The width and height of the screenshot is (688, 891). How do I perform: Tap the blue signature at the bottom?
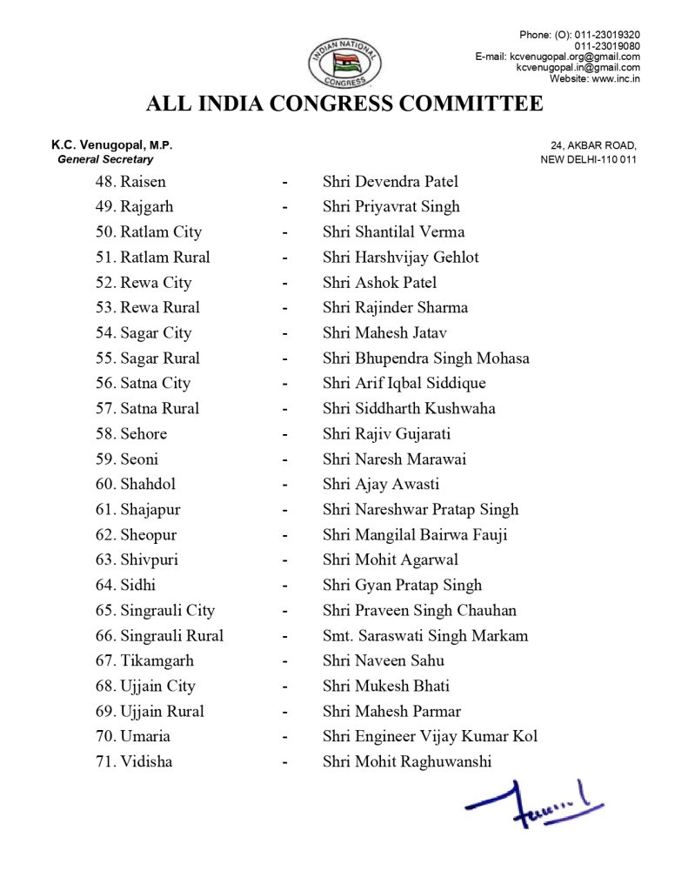[x=533, y=803]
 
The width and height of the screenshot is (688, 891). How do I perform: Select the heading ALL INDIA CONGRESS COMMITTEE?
[x=344, y=104]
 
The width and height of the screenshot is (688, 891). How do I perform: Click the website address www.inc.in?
[x=616, y=78]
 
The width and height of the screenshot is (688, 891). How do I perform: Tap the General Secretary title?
[x=105, y=159]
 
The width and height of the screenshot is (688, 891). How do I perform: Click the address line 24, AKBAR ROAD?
[x=593, y=145]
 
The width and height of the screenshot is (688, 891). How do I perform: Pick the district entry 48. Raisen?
[x=130, y=182]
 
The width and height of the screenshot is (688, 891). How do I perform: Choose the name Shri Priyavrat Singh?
[x=391, y=207]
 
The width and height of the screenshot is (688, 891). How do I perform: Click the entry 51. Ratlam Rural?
[x=152, y=258]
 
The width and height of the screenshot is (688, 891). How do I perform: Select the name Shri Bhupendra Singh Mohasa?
[x=425, y=358]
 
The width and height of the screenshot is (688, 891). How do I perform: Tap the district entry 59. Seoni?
[x=127, y=459]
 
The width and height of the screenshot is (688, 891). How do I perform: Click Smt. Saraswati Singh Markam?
[x=424, y=636]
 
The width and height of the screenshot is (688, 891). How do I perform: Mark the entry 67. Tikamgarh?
[x=144, y=661]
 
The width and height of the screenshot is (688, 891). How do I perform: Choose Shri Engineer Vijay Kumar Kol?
[x=430, y=737]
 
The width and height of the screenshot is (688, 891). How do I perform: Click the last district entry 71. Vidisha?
[x=134, y=762]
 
